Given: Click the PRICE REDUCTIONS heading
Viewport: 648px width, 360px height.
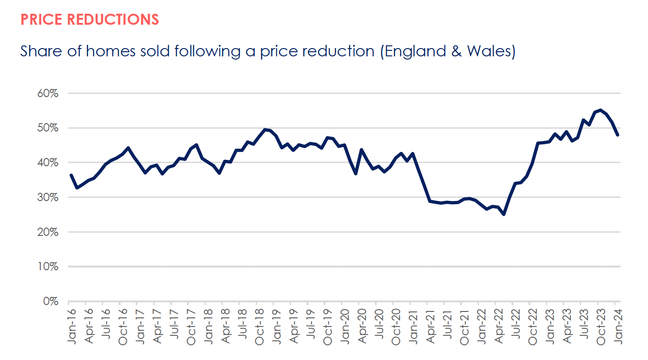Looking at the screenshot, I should (90, 19).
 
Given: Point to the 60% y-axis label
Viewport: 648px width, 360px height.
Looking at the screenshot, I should (47, 93).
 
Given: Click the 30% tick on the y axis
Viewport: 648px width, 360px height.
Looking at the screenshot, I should (47, 197).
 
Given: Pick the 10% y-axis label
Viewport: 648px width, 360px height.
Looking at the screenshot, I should (47, 267).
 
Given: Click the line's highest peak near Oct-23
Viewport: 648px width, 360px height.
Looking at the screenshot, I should (600, 110).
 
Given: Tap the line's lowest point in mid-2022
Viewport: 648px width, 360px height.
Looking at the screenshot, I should (504, 214).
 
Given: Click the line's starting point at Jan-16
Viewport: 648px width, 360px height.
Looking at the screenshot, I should (71, 175).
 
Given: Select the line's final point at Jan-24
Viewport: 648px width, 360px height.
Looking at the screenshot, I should (618, 135).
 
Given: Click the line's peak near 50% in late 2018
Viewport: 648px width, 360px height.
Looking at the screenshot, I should (265, 130).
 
